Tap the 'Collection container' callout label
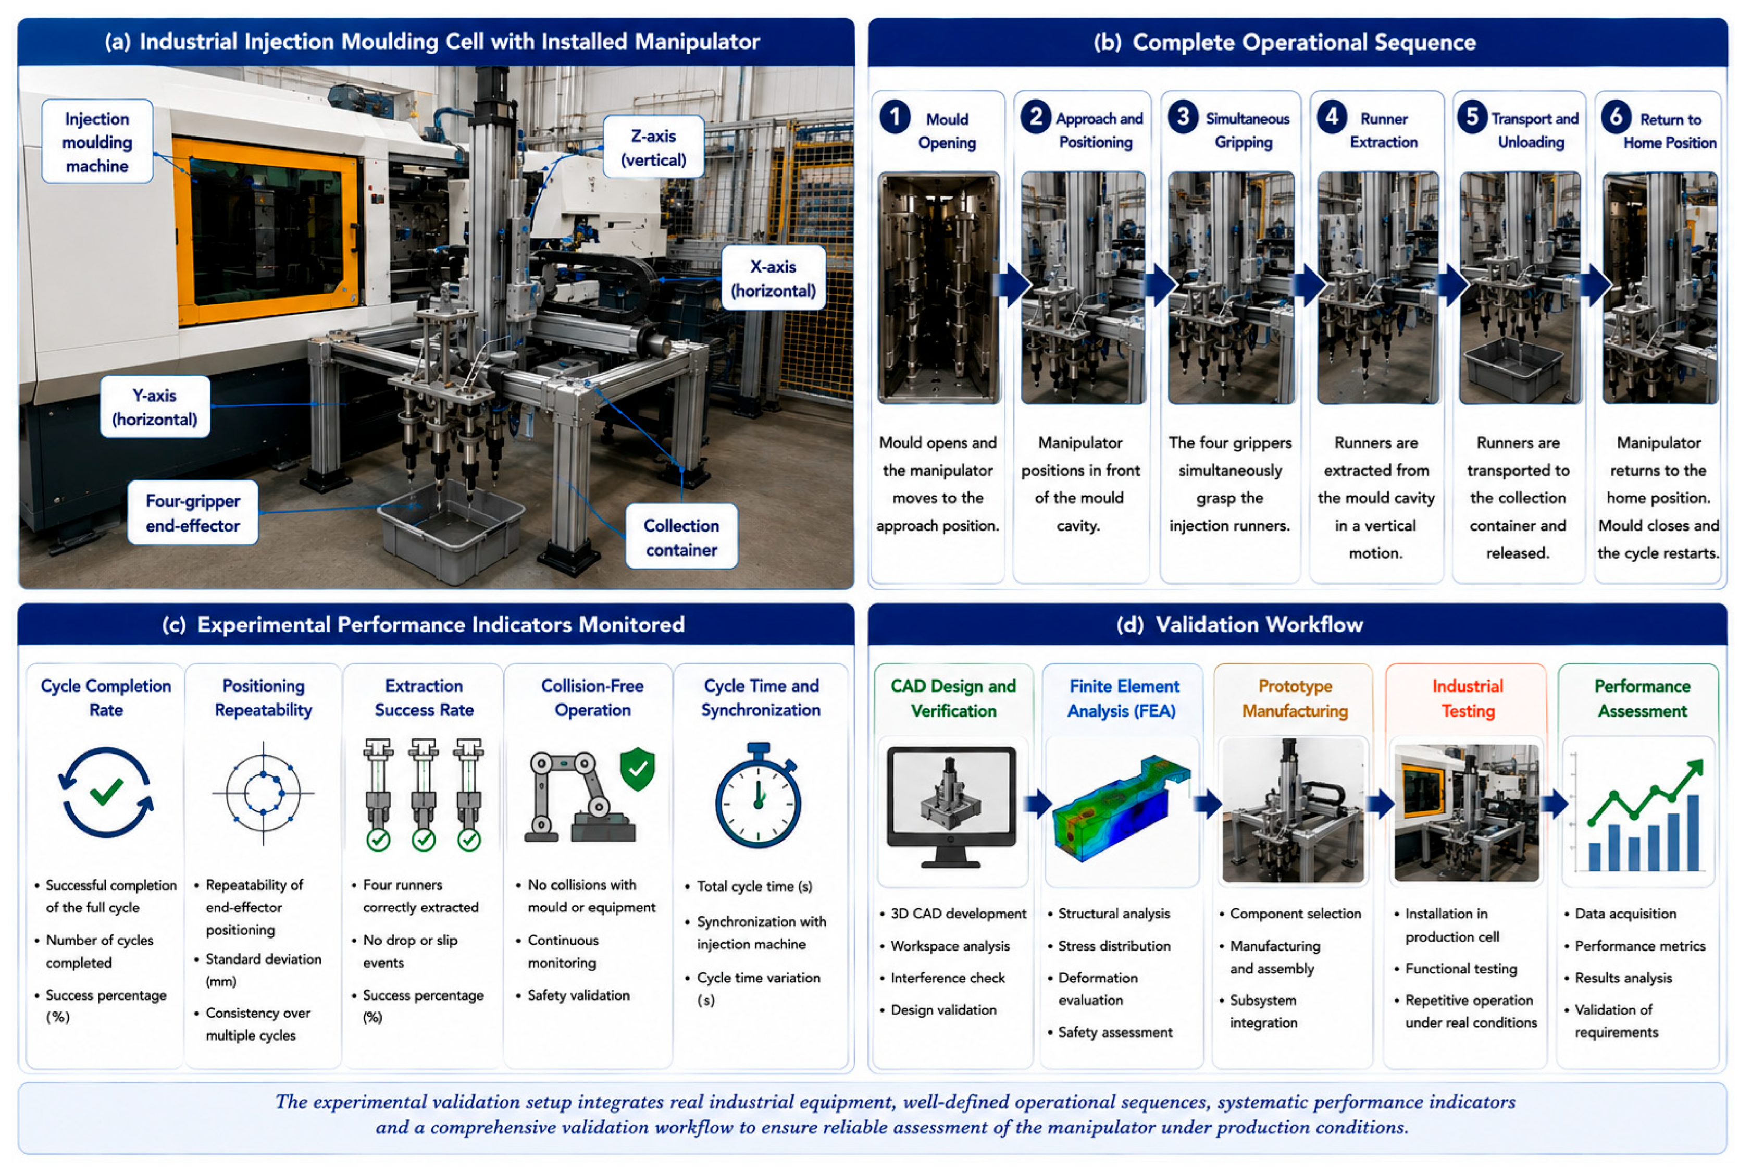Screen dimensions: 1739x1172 pyautogui.click(x=681, y=537)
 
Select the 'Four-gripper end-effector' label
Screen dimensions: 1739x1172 pyautogui.click(x=193, y=513)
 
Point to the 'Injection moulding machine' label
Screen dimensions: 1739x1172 pyautogui.click(x=97, y=142)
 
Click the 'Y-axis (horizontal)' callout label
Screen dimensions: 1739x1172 pyautogui.click(x=155, y=406)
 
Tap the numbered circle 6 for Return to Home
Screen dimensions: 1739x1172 pyautogui.click(x=1616, y=117)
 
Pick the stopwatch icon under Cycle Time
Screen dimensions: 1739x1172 pyautogui.click(x=759, y=795)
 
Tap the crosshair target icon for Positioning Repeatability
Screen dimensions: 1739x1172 pyautogui.click(x=263, y=793)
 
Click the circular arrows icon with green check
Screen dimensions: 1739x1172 pyautogui.click(x=106, y=792)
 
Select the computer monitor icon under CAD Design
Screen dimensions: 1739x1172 pyautogui.click(x=951, y=807)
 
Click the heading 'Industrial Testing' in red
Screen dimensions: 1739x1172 pyautogui.click(x=1467, y=698)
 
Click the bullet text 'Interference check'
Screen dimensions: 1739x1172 pyautogui.click(x=947, y=978)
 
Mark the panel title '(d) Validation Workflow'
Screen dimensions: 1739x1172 pyautogui.click(x=1239, y=625)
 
